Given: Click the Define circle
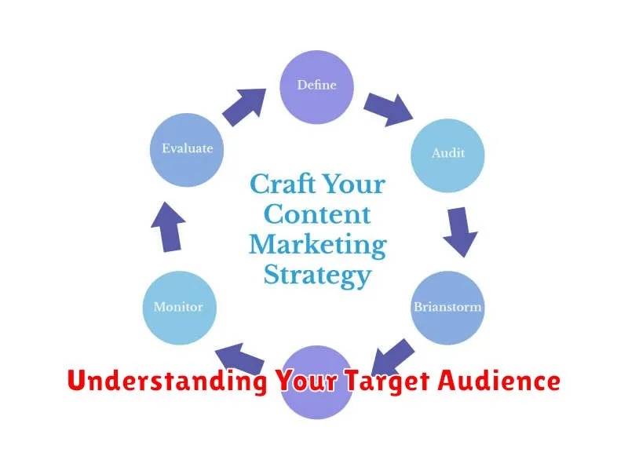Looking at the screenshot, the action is pyautogui.click(x=316, y=87).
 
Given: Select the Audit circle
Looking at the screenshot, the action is pyautogui.click(x=447, y=155).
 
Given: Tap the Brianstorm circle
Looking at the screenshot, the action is pyautogui.click(x=447, y=308).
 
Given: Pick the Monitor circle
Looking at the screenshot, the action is pyautogui.click(x=180, y=308).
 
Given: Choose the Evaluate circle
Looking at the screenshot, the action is pyautogui.click(x=187, y=150).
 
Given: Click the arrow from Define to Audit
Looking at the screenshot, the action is pyautogui.click(x=388, y=109).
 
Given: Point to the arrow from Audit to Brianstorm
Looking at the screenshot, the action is pyautogui.click(x=461, y=232).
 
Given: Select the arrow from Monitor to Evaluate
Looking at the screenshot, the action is pyautogui.click(x=168, y=227).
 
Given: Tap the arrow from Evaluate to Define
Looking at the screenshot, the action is pyautogui.click(x=244, y=107).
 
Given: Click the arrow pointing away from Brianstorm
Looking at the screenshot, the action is pyautogui.click(x=393, y=358).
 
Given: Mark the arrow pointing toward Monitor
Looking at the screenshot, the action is pyautogui.click(x=239, y=358).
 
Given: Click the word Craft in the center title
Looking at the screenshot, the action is pyautogui.click(x=283, y=184).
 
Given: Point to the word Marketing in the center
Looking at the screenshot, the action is pyautogui.click(x=318, y=245).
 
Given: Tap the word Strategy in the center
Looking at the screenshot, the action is pyautogui.click(x=318, y=276).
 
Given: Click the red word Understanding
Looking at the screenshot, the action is pyautogui.click(x=167, y=381).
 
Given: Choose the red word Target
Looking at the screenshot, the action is pyautogui.click(x=388, y=382).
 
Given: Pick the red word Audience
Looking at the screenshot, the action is pyautogui.click(x=498, y=380).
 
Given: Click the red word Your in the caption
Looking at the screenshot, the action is pyautogui.click(x=307, y=380).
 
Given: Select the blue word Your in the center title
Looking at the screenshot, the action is pyautogui.click(x=354, y=184).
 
